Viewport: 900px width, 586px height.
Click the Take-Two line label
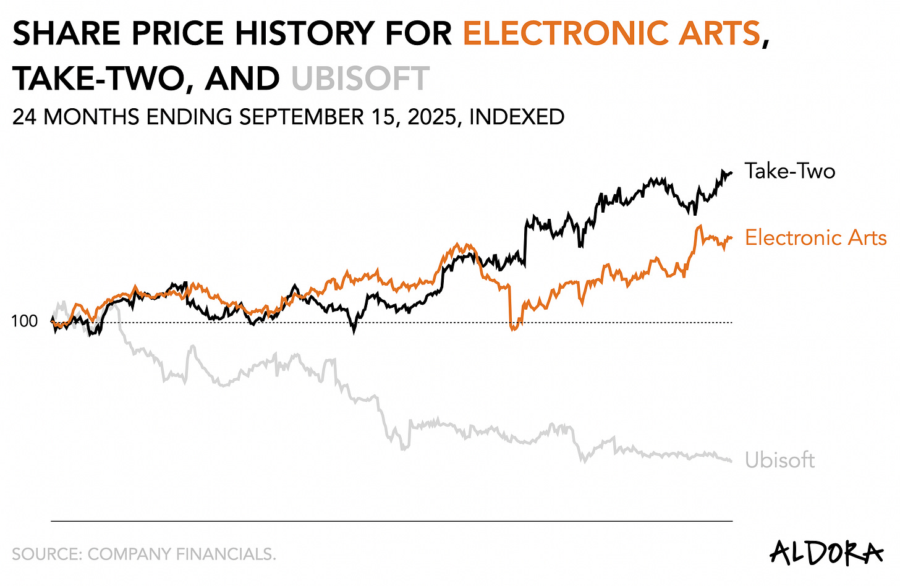[789, 171]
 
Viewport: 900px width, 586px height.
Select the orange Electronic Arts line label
[815, 238]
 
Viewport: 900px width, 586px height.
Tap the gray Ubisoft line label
[779, 461]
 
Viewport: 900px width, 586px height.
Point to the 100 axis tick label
[24, 321]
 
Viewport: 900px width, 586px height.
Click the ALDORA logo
[826, 551]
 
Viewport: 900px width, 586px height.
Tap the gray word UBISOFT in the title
[360, 79]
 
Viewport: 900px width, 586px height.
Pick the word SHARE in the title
[69, 33]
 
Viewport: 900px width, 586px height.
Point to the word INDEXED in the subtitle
[517, 117]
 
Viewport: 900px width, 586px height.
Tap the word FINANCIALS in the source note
[225, 554]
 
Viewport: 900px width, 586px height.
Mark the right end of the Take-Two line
[731, 173]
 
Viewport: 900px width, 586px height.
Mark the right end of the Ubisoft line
[731, 461]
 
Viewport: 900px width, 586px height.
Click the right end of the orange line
[731, 237]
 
